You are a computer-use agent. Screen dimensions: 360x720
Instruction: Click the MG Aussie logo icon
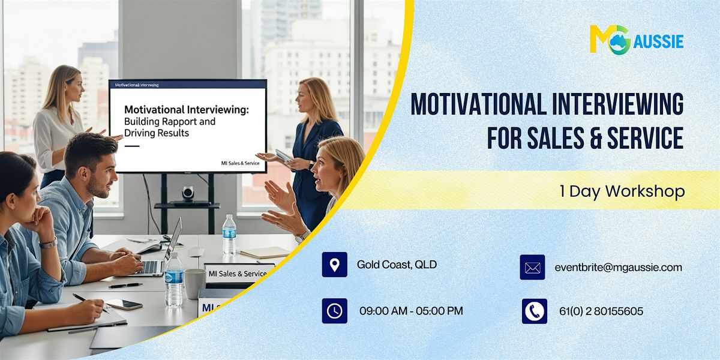coord(610,40)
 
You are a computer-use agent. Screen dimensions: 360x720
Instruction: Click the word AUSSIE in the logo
coord(659,41)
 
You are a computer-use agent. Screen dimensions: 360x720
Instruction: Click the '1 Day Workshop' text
coord(622,191)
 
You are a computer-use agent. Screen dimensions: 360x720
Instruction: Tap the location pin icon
coord(334,265)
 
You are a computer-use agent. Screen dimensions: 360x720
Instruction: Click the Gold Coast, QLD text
coord(397,265)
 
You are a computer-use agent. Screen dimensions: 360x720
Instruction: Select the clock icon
coord(334,311)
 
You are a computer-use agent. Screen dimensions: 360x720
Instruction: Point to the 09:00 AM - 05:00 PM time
coord(411,311)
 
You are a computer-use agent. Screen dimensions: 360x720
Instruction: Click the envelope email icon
coord(532,268)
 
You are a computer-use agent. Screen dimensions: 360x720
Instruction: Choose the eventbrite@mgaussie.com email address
coord(618,268)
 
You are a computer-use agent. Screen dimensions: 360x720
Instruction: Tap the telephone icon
coord(534,311)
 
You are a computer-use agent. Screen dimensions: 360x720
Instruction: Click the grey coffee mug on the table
coord(194,283)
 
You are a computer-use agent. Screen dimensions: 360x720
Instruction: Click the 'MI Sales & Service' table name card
coord(238,273)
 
